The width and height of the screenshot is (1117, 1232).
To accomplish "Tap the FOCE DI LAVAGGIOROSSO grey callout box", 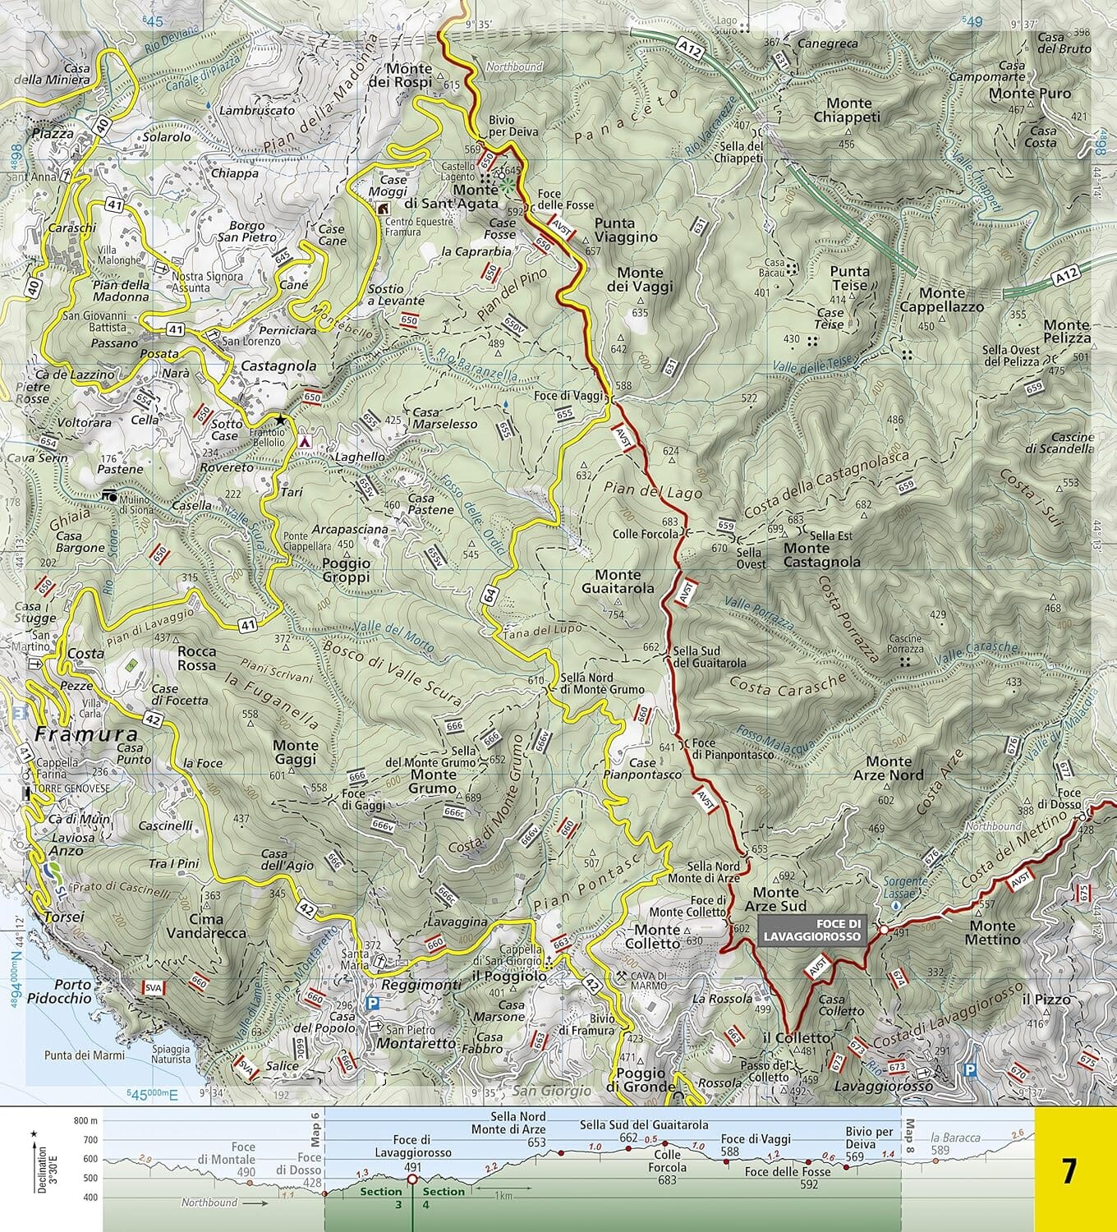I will (x=812, y=930).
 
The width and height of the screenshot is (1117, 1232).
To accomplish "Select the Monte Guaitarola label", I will (x=618, y=582).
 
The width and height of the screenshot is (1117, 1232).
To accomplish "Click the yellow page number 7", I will (x=1068, y=1170).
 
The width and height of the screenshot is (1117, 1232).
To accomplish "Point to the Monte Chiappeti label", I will (x=847, y=110).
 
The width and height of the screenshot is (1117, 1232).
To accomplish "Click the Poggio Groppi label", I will (x=346, y=570).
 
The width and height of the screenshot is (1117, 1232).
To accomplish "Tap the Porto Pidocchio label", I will (x=59, y=991).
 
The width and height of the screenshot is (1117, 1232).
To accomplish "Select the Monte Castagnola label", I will (x=821, y=555).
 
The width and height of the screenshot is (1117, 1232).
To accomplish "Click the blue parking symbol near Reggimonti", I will (x=373, y=1003).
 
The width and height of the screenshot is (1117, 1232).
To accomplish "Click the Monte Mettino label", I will (x=994, y=932).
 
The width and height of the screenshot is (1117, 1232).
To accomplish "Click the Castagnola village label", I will (x=278, y=365).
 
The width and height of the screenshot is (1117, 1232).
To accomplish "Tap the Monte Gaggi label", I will (x=295, y=752).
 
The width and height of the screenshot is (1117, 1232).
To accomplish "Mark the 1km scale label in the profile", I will (x=503, y=1196).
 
